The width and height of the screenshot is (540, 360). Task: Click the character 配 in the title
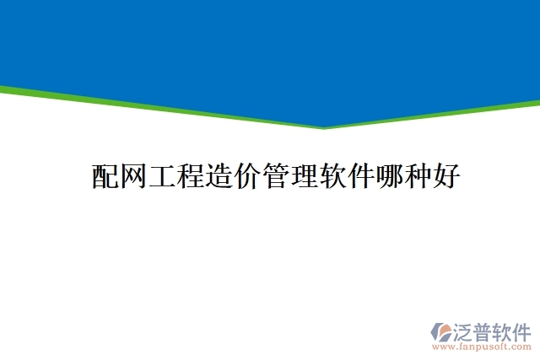tap(105, 177)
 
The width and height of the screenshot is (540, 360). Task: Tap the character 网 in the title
tap(133, 177)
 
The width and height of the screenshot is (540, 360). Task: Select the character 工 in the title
tap(162, 177)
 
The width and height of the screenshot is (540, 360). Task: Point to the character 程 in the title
tap(190, 177)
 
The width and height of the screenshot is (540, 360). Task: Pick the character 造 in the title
tap(219, 177)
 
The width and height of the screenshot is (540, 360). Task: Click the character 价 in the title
tap(247, 177)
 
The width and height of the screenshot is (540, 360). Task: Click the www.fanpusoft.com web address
tap(482, 346)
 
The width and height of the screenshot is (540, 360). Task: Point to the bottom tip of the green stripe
tap(324, 128)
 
